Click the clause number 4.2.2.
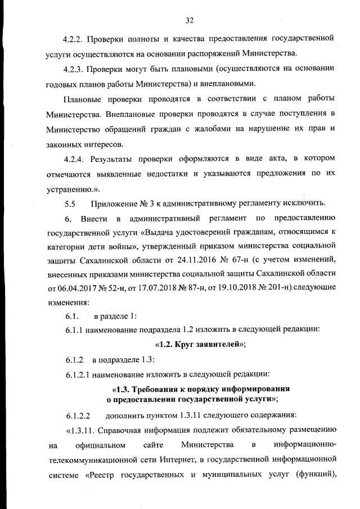pos(74,39)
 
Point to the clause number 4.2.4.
pos(74,160)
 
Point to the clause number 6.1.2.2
pos(78,417)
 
